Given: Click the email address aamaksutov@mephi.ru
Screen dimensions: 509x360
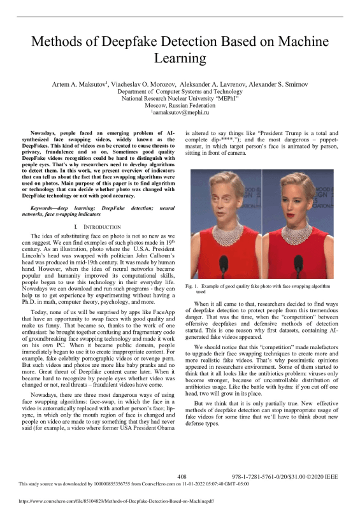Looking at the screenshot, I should coord(181,112).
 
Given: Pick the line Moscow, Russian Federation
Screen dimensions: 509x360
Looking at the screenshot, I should coord(180,105).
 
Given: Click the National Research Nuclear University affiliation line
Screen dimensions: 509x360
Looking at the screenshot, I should coord(180,99).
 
